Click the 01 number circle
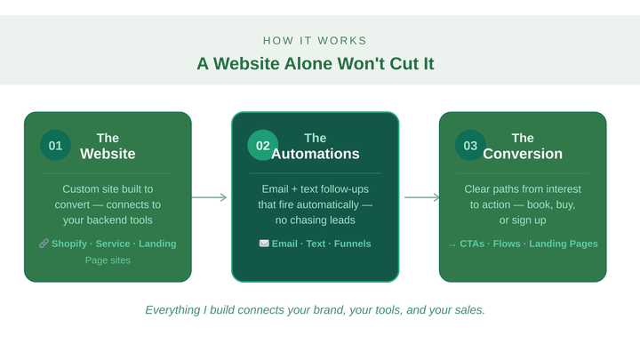coord(55,146)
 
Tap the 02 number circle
coord(263,146)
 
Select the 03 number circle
coord(470,146)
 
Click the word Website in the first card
coord(108,154)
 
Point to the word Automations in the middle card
coord(316,154)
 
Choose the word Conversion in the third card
coord(523,154)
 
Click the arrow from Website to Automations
coord(211,197)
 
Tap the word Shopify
coord(68,244)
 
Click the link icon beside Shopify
coord(44,244)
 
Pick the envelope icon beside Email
coord(264,244)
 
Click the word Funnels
coord(352,244)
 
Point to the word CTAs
coord(472,244)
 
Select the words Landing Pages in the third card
coord(564,244)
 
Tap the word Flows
coord(507,244)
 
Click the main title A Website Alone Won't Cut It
coord(316,63)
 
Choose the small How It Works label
coord(316,40)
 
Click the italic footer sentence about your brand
coord(316,310)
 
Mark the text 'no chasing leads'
coord(316,220)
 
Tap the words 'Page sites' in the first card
coord(108,260)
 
